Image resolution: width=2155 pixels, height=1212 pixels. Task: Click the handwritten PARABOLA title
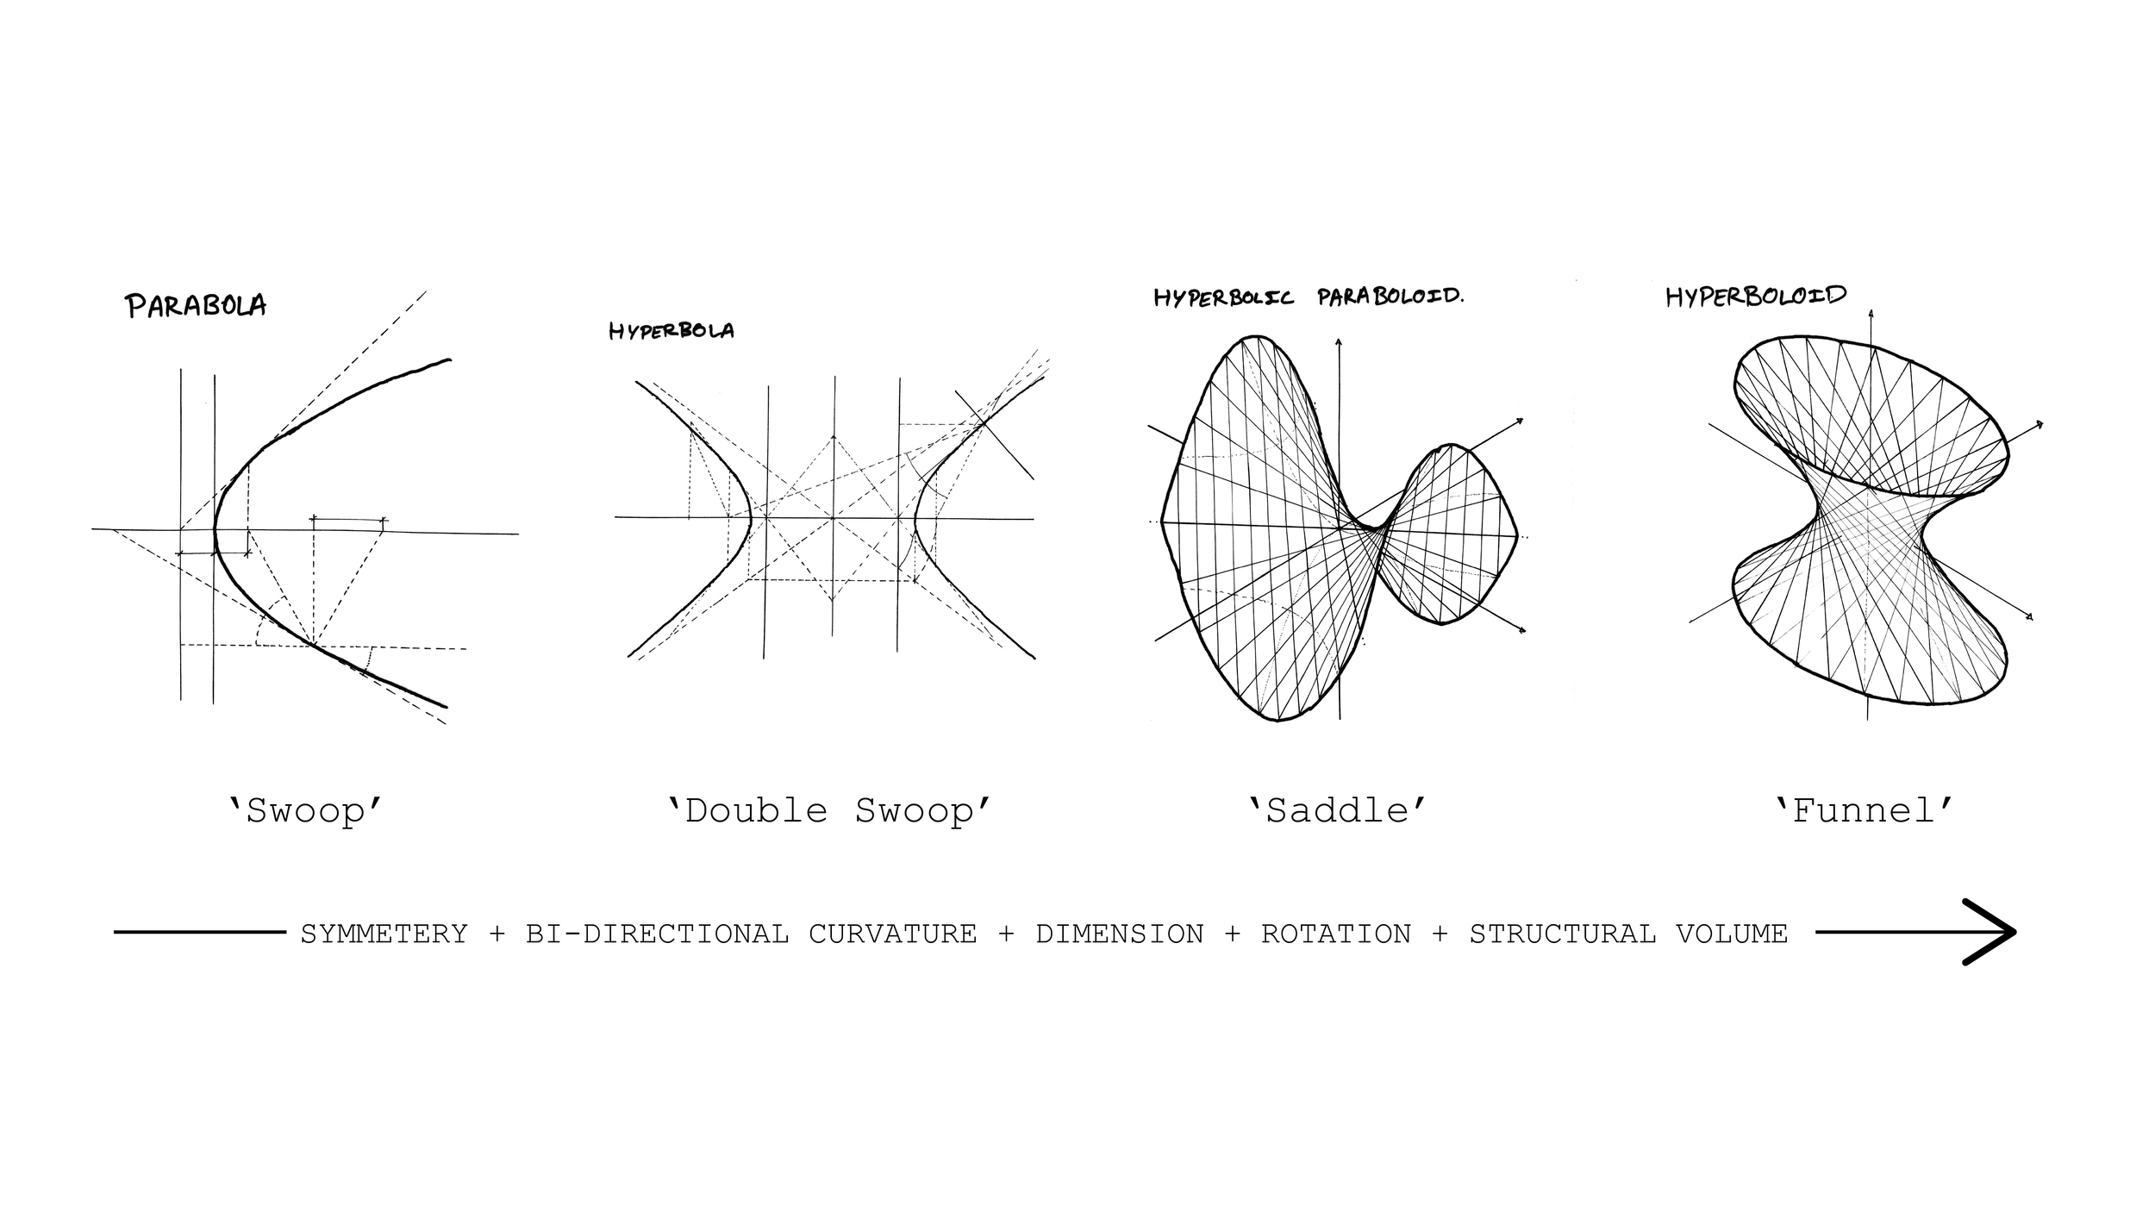click(197, 306)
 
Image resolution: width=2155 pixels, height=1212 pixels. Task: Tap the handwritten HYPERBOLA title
click(671, 331)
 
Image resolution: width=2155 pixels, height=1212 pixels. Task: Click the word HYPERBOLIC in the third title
click(1223, 298)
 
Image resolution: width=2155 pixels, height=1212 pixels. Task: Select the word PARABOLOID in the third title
click(1390, 297)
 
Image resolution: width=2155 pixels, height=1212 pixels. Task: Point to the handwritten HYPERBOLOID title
click(1755, 297)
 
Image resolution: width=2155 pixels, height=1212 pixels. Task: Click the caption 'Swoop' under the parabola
click(305, 811)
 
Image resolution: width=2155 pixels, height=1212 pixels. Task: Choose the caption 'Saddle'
click(1337, 811)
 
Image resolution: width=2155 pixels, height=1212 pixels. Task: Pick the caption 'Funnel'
click(1864, 811)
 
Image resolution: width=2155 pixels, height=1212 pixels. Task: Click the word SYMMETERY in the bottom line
click(384, 934)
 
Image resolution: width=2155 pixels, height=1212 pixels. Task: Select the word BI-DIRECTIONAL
click(657, 934)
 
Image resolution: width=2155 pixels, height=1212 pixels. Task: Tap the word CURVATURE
click(892, 934)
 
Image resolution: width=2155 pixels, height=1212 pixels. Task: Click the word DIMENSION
click(1119, 934)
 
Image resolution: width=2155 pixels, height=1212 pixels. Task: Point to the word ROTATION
click(1336, 934)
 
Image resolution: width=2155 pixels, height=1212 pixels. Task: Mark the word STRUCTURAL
click(1562, 934)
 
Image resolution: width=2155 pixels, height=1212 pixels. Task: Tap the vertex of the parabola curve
click(215, 533)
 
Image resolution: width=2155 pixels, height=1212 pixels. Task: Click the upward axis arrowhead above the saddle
click(1338, 342)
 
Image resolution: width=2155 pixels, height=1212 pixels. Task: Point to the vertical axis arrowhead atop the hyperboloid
click(1871, 313)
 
